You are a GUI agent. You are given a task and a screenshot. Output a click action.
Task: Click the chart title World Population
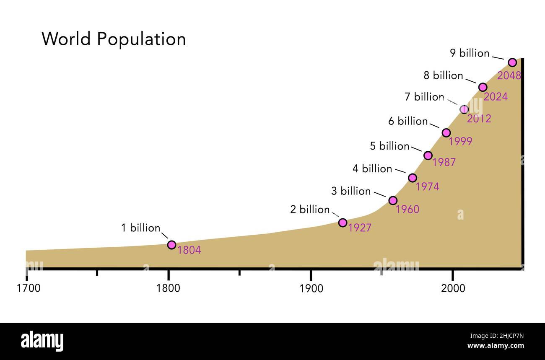(x=114, y=39)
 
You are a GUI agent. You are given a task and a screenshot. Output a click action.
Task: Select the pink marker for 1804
(x=171, y=245)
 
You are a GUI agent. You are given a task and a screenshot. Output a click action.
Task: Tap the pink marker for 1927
(x=343, y=223)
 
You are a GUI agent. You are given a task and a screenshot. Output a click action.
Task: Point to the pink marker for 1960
(x=393, y=200)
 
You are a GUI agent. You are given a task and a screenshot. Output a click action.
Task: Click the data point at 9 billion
(x=512, y=62)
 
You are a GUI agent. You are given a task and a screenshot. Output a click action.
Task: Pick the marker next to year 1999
(x=446, y=133)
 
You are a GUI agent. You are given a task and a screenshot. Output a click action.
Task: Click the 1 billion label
(x=140, y=228)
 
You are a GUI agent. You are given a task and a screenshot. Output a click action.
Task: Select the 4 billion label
(x=372, y=168)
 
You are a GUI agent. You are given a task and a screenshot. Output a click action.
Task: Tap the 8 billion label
(x=443, y=75)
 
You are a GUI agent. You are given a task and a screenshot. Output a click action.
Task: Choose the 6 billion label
(x=408, y=121)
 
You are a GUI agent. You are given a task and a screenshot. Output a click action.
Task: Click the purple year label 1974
(x=427, y=187)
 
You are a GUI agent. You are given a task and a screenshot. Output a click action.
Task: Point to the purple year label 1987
(x=444, y=163)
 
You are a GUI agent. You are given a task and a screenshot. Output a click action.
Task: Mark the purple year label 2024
(x=495, y=97)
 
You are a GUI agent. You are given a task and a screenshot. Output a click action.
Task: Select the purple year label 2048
(x=509, y=76)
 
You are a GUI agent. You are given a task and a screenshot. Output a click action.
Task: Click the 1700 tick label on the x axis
(x=29, y=288)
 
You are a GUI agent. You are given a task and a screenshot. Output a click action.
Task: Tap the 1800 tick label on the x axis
(x=168, y=288)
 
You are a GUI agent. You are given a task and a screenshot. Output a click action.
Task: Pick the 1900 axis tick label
(x=311, y=288)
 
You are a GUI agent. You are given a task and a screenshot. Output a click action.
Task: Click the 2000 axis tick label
(x=453, y=288)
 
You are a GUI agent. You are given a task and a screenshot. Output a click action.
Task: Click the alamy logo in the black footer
(x=42, y=341)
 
